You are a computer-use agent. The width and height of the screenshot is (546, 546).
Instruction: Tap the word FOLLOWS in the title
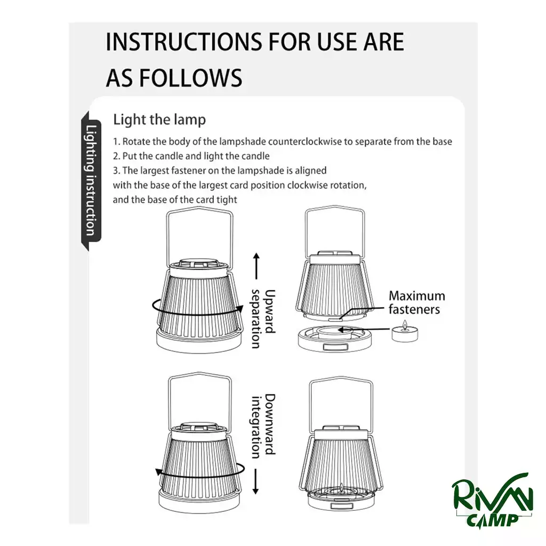point(191,78)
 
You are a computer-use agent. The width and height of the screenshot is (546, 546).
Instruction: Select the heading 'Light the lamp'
point(159,119)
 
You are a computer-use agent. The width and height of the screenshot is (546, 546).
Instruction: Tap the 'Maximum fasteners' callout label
point(416,303)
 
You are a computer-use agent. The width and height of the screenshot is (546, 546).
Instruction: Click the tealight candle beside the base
point(405,332)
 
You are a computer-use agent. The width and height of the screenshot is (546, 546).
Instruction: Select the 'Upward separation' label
point(263,319)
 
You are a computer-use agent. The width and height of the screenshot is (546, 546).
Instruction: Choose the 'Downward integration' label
point(263,426)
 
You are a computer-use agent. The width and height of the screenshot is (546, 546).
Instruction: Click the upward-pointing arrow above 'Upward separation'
point(256,266)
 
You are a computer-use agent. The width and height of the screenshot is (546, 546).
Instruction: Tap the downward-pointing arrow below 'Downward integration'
point(256,481)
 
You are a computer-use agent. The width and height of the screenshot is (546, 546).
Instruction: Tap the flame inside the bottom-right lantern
point(342,487)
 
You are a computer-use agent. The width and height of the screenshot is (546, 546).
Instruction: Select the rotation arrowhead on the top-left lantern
point(239,309)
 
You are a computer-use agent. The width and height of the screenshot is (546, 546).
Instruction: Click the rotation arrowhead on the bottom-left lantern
point(159,472)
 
